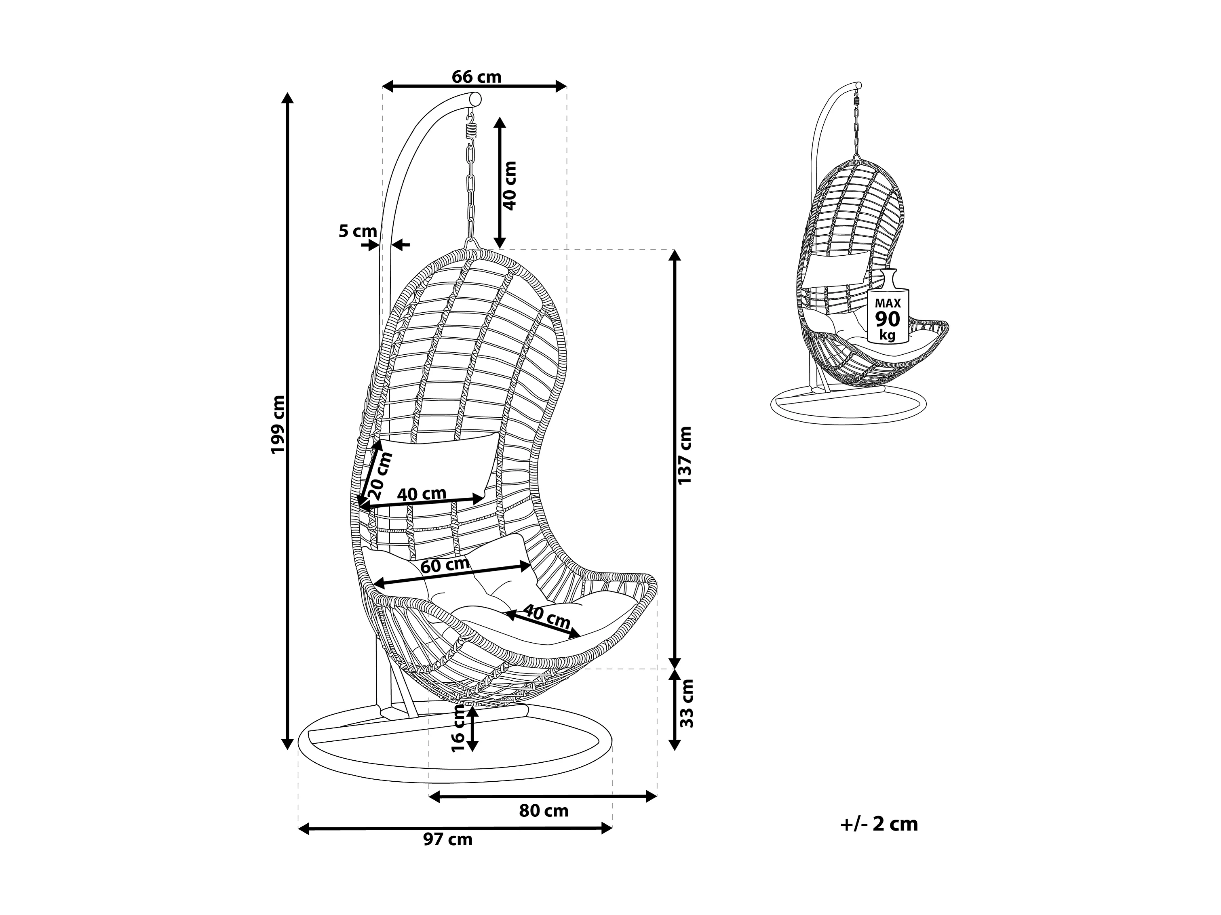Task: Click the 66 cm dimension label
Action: coord(477,77)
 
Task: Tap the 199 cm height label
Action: coord(277,424)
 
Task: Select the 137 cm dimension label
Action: coord(685,455)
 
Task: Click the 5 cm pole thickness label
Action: coord(358,231)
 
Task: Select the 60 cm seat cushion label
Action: coord(445,565)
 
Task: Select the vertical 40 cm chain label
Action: coord(510,185)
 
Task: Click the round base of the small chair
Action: coord(848,406)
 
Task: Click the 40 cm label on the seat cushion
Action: coord(546,617)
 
